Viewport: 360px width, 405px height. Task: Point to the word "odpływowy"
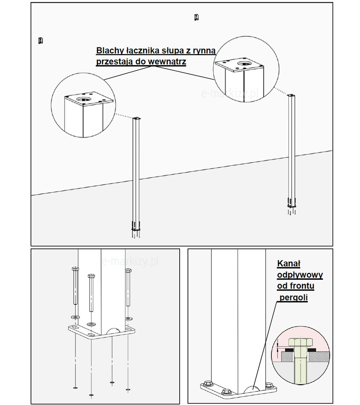(300, 275)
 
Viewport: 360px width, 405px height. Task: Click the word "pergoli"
(294, 298)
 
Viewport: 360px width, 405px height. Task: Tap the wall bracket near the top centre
(196, 17)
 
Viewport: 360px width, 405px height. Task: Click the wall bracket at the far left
(41, 41)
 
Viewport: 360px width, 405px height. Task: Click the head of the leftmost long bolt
(75, 269)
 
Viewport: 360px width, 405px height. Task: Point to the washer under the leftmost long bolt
(75, 317)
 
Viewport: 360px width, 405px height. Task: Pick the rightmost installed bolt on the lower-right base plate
(269, 385)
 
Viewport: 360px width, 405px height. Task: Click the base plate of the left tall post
(136, 229)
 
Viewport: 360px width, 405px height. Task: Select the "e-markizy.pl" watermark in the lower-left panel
(130, 261)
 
